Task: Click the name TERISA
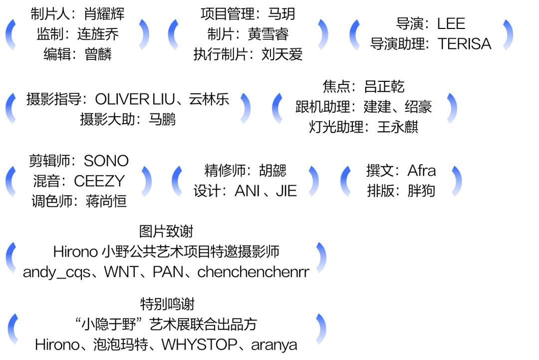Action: coord(465,44)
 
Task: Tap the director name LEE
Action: coord(451,24)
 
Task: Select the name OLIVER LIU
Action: coord(135,99)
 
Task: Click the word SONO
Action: coord(106,161)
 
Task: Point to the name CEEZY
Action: coord(99,181)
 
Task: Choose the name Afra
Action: coord(421,171)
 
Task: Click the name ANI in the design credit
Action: coord(247,191)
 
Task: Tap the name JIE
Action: coord(286,191)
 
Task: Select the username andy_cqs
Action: coord(57,272)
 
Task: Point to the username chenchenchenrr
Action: coord(254,272)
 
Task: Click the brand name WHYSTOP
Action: coord(199,345)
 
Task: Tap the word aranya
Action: coord(274,345)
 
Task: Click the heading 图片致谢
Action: coord(166,231)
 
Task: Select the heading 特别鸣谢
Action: coord(167,304)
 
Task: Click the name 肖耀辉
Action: coord(104,14)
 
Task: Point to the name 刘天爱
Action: coord(282,54)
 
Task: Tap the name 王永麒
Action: coord(398,127)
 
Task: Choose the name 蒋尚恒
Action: coord(106,201)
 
